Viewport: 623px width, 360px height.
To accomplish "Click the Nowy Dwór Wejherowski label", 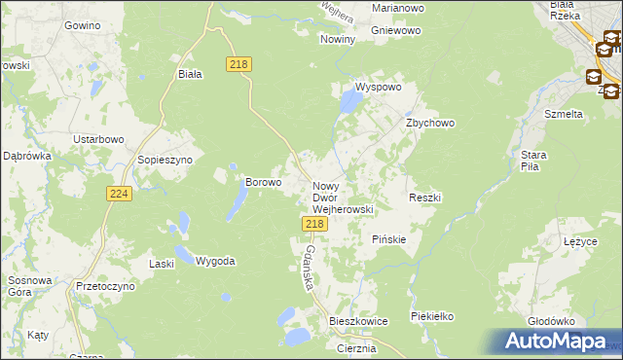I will pos(342,197).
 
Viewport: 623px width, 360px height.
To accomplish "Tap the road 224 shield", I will pos(118,195).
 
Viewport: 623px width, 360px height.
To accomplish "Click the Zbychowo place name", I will pos(430,124).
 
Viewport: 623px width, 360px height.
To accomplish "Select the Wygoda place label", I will pos(215,261).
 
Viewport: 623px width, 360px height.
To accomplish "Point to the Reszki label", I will pos(425,198).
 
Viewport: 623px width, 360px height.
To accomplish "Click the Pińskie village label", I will pos(389,238).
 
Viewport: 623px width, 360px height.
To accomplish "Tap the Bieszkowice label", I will pos(358,320).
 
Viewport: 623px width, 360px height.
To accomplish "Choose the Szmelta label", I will pos(564,114).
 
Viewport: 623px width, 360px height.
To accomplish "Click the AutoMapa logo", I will pos(554,341).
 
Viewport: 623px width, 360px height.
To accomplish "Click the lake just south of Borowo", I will pos(237,202).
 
